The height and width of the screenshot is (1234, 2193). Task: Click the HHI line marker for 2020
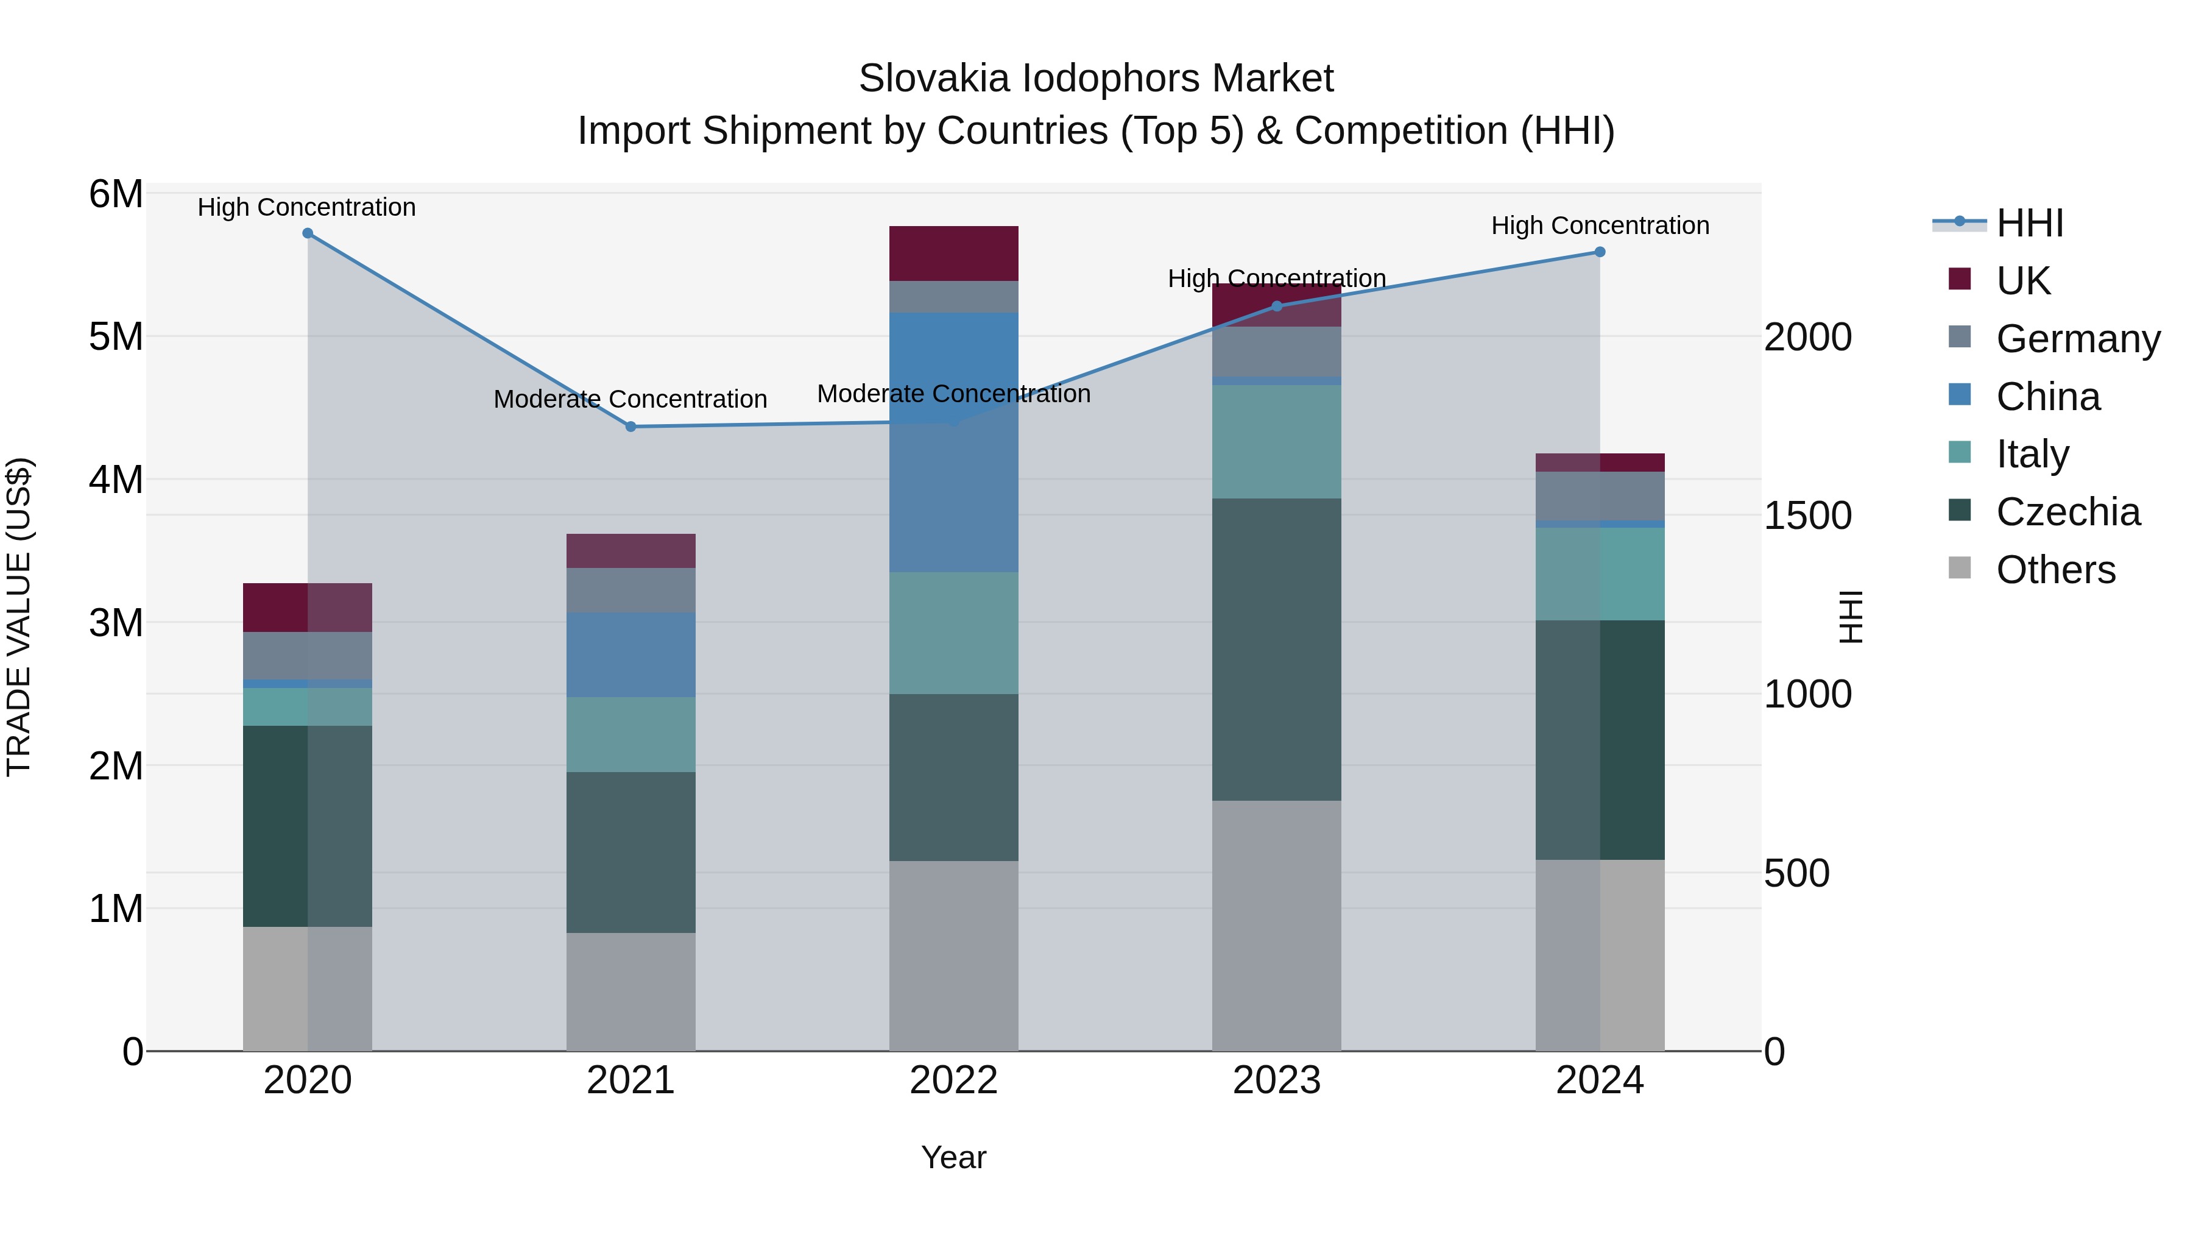tap(308, 233)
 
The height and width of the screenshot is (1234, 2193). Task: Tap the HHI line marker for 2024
tap(1600, 252)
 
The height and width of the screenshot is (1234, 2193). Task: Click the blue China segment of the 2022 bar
tap(953, 443)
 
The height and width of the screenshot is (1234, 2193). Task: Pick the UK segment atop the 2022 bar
tap(953, 254)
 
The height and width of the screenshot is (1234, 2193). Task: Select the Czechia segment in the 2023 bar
tap(1276, 649)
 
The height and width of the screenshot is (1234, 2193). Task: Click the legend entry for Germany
tap(2077, 339)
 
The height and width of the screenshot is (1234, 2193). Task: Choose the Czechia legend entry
tap(2067, 512)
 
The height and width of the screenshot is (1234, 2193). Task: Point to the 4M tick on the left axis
tap(116, 480)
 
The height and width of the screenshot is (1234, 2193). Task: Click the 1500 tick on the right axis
tap(1807, 516)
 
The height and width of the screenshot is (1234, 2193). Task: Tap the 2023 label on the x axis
tap(1276, 1080)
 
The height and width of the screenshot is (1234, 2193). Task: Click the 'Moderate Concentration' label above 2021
tap(630, 399)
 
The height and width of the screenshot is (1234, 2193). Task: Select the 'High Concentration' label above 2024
tap(1600, 225)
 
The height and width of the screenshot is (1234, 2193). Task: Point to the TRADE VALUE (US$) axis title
tap(19, 617)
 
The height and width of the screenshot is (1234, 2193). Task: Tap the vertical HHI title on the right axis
tap(1850, 617)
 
